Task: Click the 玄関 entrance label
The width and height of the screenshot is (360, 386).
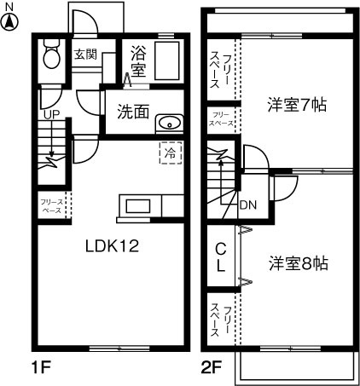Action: (x=84, y=54)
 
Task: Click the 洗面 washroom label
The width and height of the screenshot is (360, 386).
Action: (x=134, y=111)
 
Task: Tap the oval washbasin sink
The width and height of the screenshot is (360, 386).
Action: (x=171, y=121)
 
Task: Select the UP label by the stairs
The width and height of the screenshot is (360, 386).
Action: (x=51, y=113)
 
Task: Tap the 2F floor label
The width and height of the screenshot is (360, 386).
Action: (x=212, y=370)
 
